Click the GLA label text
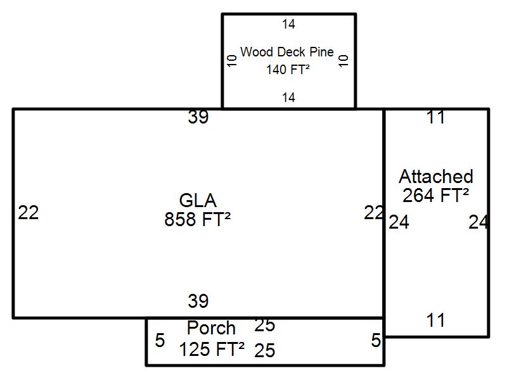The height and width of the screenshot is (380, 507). [198, 201]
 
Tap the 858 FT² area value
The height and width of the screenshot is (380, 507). [197, 220]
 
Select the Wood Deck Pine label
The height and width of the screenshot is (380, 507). [287, 52]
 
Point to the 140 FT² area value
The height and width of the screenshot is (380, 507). [288, 70]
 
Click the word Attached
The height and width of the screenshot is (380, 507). [436, 176]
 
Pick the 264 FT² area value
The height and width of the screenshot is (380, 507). [436, 196]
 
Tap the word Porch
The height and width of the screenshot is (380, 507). [212, 329]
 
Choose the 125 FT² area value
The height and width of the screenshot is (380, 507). [212, 349]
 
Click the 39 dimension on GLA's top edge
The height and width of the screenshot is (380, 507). [198, 118]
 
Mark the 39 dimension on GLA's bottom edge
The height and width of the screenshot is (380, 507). [198, 301]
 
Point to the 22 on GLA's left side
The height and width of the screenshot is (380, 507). [29, 213]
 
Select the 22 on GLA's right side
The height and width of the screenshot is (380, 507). [374, 213]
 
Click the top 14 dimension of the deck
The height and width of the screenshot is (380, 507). [289, 25]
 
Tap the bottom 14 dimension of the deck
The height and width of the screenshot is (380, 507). [289, 98]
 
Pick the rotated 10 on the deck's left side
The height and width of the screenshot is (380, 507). [232, 61]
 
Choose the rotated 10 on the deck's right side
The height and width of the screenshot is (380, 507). [344, 61]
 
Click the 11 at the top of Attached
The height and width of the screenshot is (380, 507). [436, 118]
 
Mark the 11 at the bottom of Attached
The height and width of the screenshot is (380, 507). [436, 320]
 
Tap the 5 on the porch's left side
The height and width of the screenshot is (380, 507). [160, 341]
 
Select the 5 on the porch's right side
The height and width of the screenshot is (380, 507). [376, 341]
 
